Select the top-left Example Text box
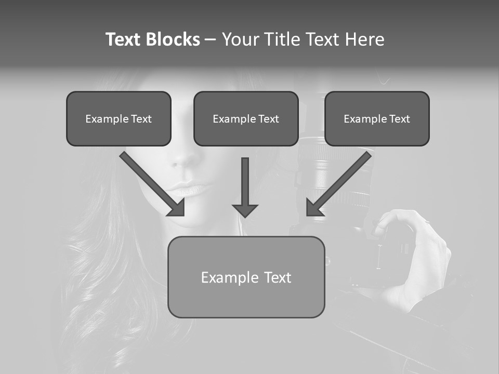click(x=119, y=118)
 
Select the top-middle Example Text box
click(x=246, y=118)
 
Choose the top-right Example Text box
click(x=377, y=118)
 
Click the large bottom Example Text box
click(x=246, y=277)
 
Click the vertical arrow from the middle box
click(x=245, y=182)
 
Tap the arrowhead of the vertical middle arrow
click(x=245, y=210)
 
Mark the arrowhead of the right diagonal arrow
click(x=314, y=208)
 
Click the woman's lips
click(x=191, y=188)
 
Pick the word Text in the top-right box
click(x=399, y=119)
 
